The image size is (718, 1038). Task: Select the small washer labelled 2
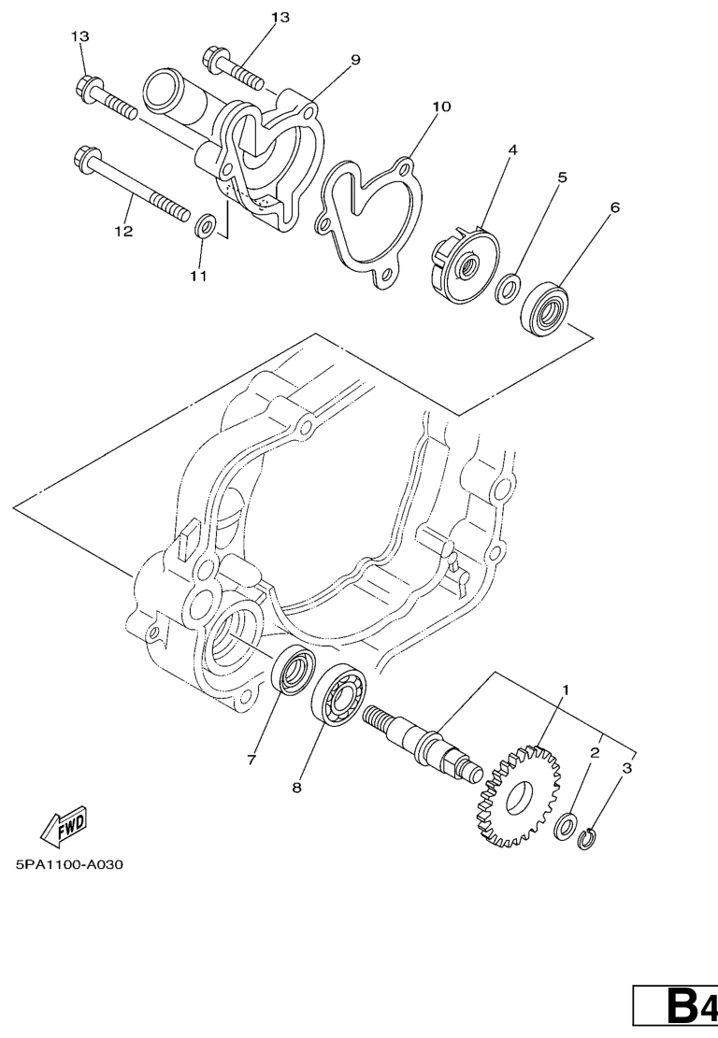(565, 826)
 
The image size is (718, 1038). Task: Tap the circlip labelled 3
(587, 839)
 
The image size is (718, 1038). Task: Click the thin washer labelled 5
(508, 288)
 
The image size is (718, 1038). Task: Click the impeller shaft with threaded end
(424, 741)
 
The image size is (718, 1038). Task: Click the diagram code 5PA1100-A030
(70, 864)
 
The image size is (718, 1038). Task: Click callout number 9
(355, 60)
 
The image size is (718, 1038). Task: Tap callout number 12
(123, 231)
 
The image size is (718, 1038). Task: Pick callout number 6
(614, 207)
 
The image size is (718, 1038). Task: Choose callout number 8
(296, 787)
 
